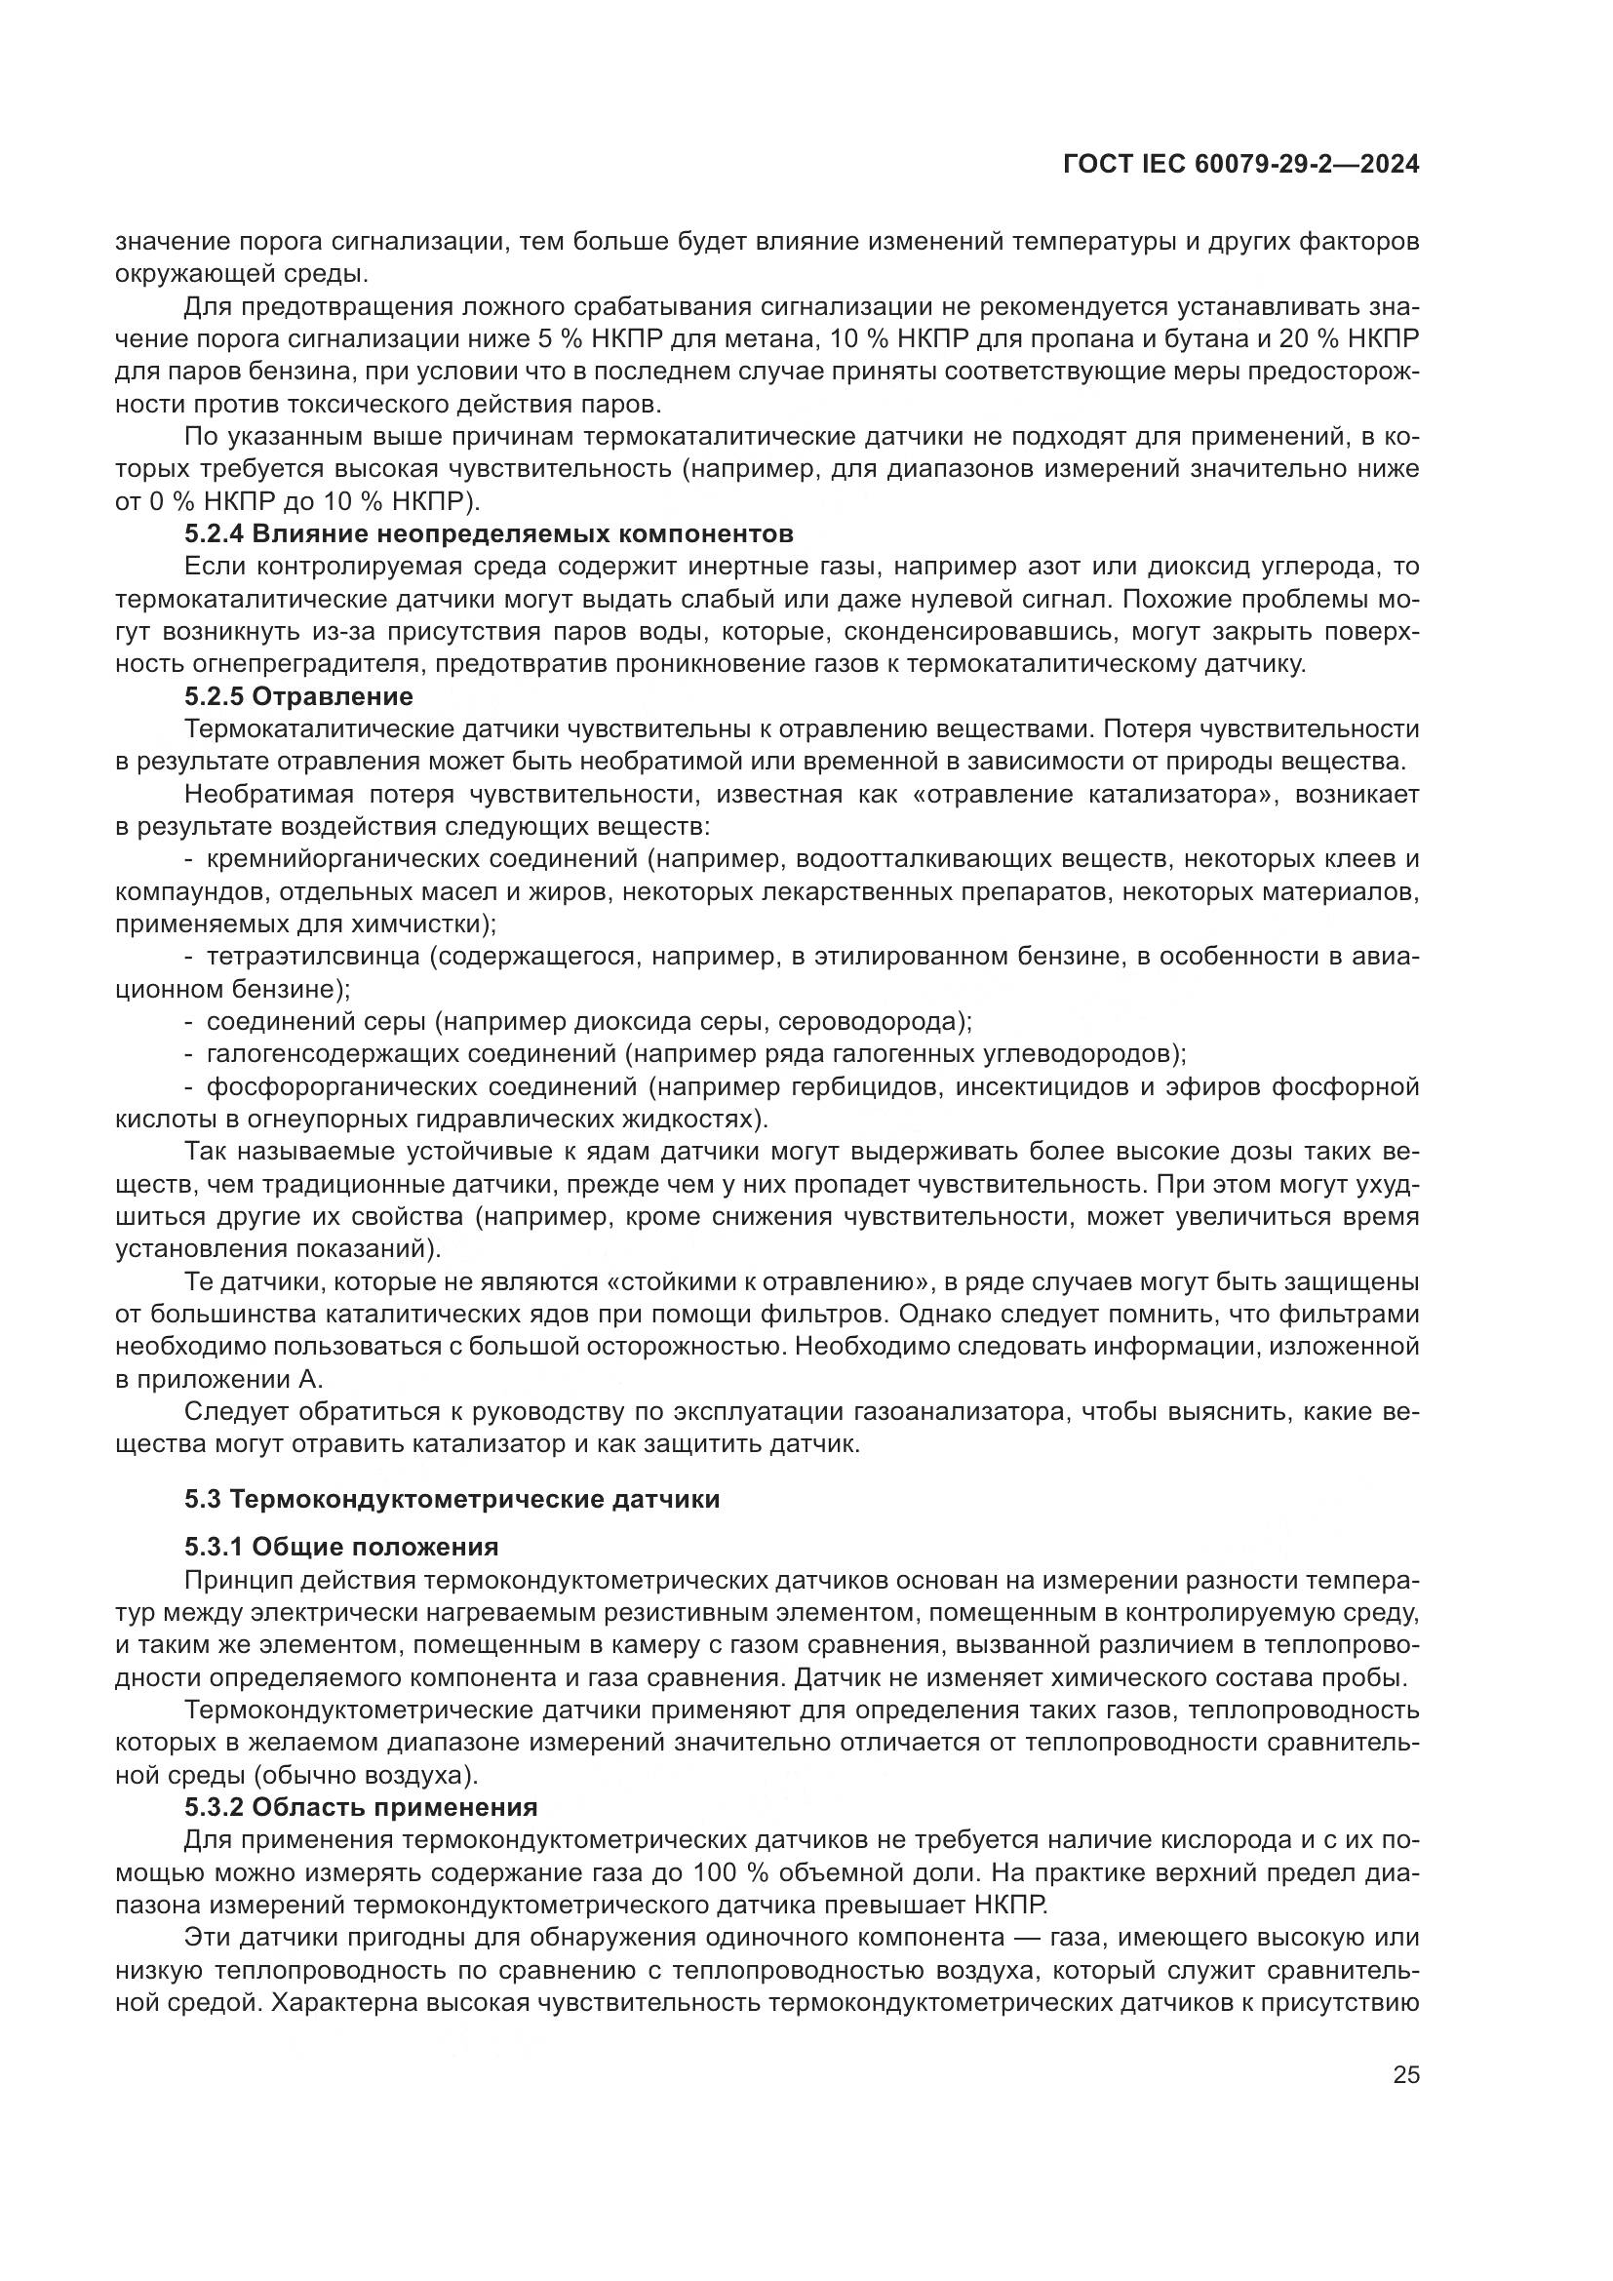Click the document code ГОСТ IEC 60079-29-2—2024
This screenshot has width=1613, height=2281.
pos(1239,165)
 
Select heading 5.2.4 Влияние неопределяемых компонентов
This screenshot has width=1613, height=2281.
pos(489,534)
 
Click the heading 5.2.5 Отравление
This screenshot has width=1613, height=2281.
pos(298,696)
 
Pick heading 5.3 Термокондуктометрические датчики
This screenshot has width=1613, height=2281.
pos(452,1499)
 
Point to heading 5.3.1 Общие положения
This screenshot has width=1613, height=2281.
pos(340,1547)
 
